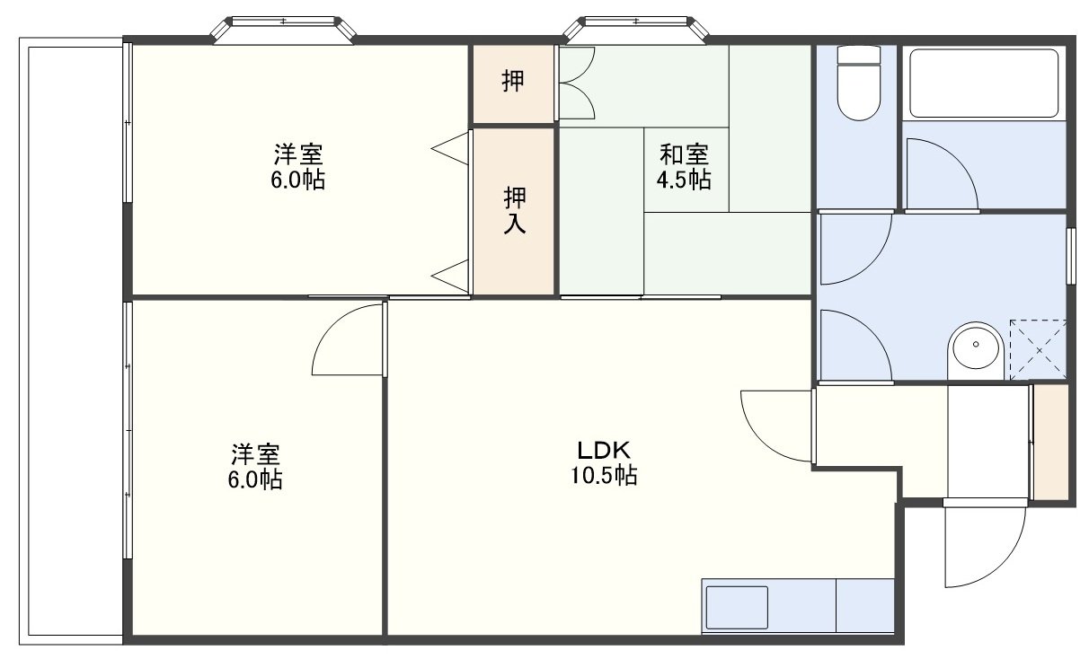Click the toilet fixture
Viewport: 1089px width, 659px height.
pyautogui.click(x=859, y=83)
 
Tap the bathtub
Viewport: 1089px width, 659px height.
pyautogui.click(x=984, y=83)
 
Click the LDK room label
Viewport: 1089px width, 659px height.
pyautogui.click(x=603, y=451)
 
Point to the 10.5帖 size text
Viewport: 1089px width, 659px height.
pyautogui.click(x=603, y=475)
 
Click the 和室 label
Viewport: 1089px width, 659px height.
pyautogui.click(x=684, y=154)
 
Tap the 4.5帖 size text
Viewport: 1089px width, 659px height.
pyautogui.click(x=684, y=180)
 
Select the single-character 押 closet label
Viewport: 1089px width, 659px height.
pyautogui.click(x=513, y=81)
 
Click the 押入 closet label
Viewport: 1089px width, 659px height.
pyautogui.click(x=514, y=210)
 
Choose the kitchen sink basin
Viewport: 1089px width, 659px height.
pyautogui.click(x=737, y=608)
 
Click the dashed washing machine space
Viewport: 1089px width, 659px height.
pyautogui.click(x=1039, y=349)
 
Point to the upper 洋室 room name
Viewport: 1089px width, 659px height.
pyautogui.click(x=298, y=154)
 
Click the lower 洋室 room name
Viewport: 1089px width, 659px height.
pyautogui.click(x=255, y=454)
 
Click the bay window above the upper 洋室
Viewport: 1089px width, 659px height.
pyautogui.click(x=283, y=31)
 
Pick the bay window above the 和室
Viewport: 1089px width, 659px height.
pyautogui.click(x=636, y=31)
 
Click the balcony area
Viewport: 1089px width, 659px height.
pyautogui.click(x=72, y=341)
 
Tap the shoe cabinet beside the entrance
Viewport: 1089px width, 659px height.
pyautogui.click(x=1050, y=442)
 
